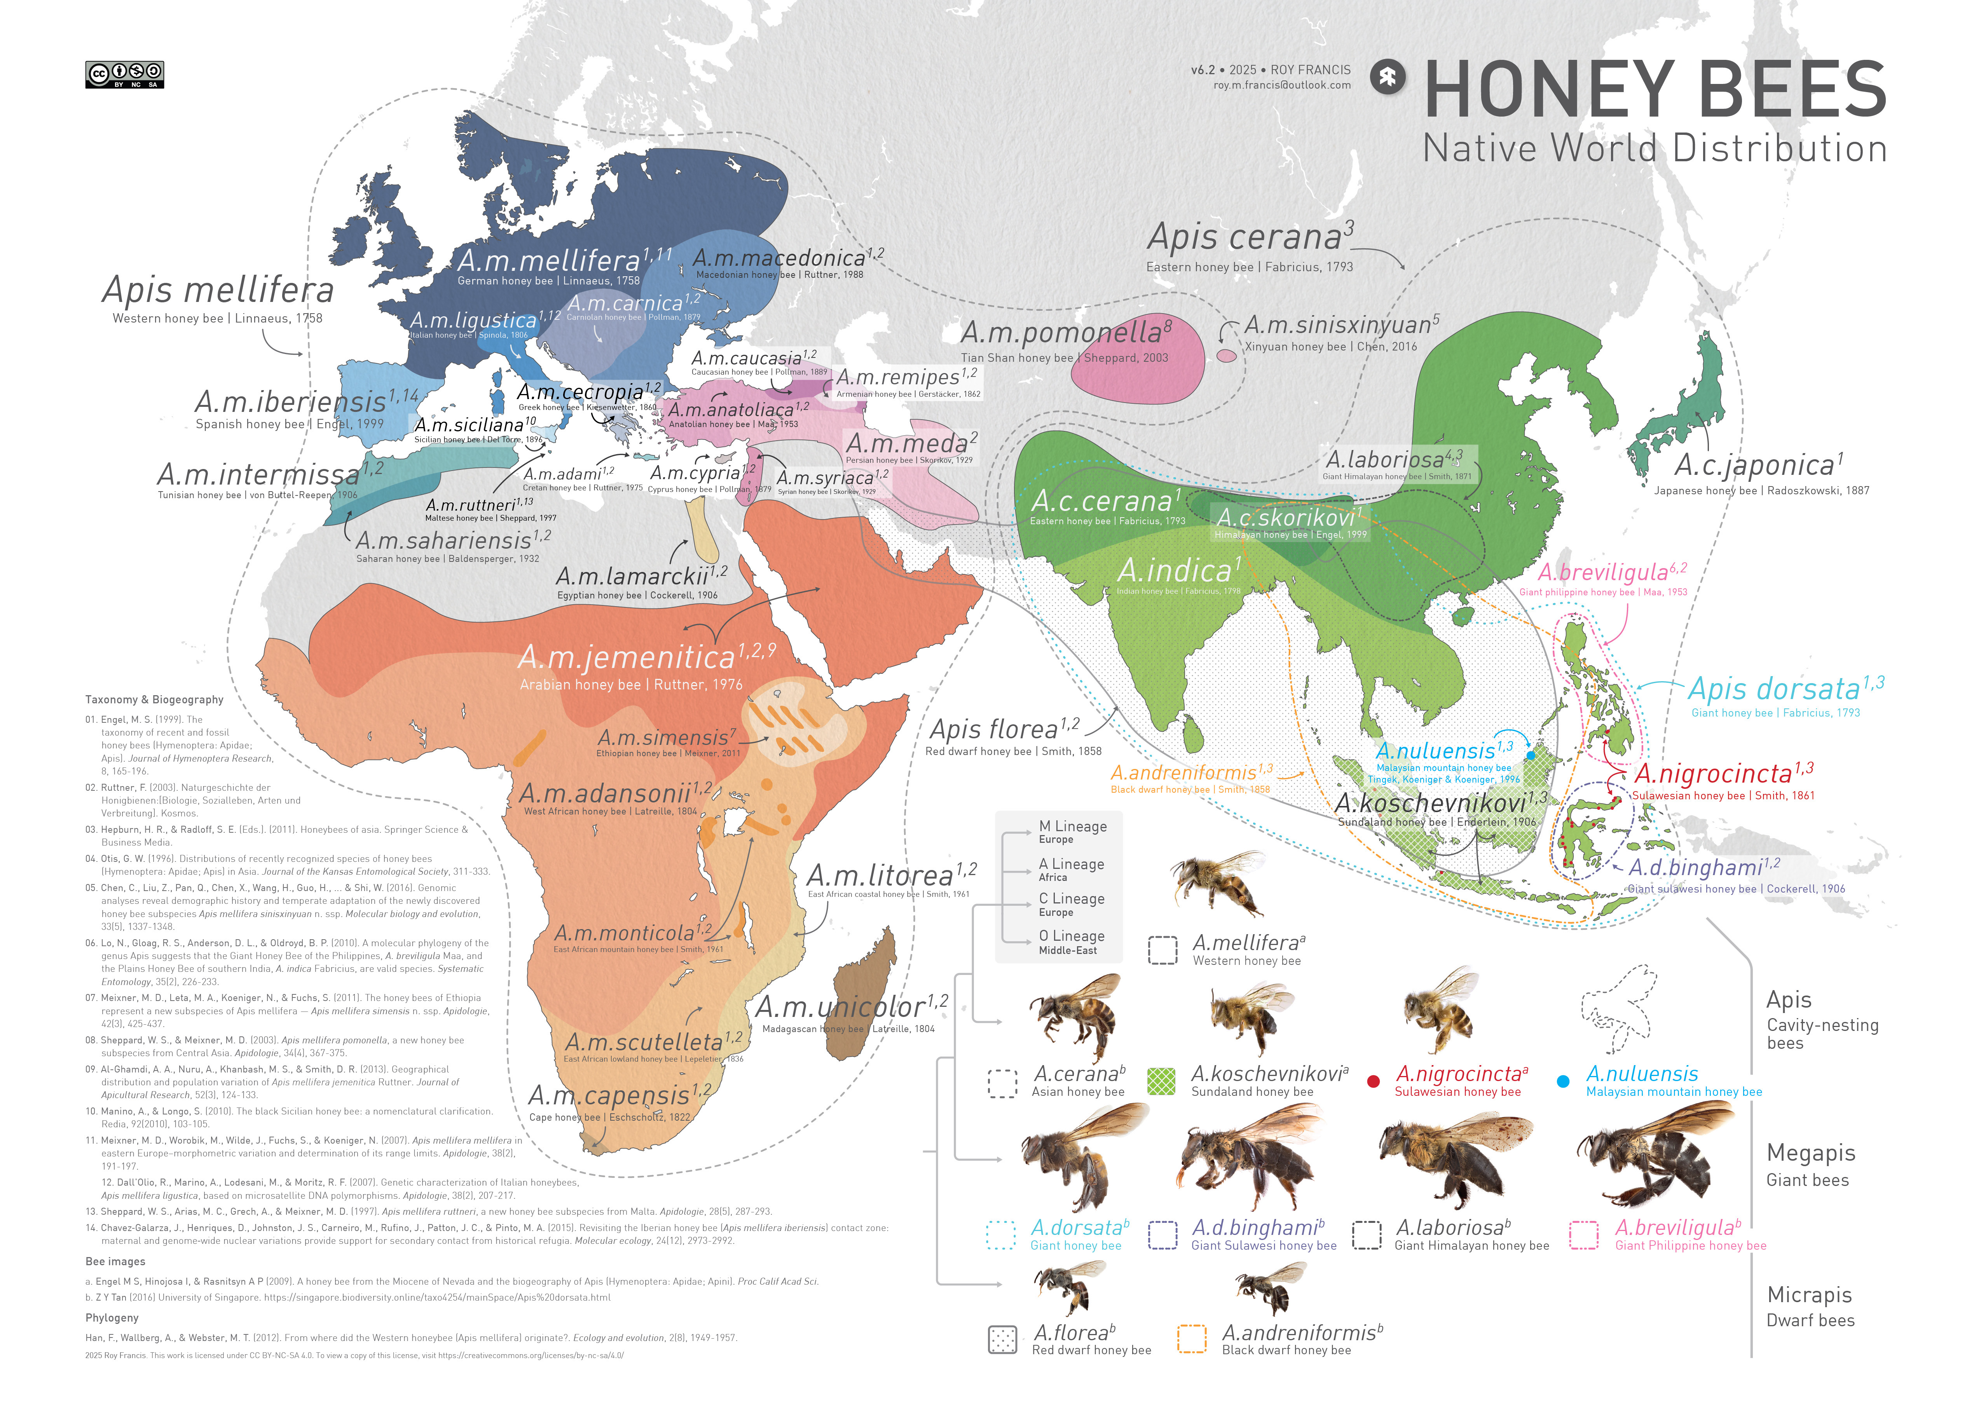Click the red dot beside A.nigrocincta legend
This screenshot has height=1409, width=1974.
point(1373,1081)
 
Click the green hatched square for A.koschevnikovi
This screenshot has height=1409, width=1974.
point(1161,1081)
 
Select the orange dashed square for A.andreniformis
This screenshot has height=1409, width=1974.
point(1191,1339)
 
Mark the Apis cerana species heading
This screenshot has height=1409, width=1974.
point(1245,237)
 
